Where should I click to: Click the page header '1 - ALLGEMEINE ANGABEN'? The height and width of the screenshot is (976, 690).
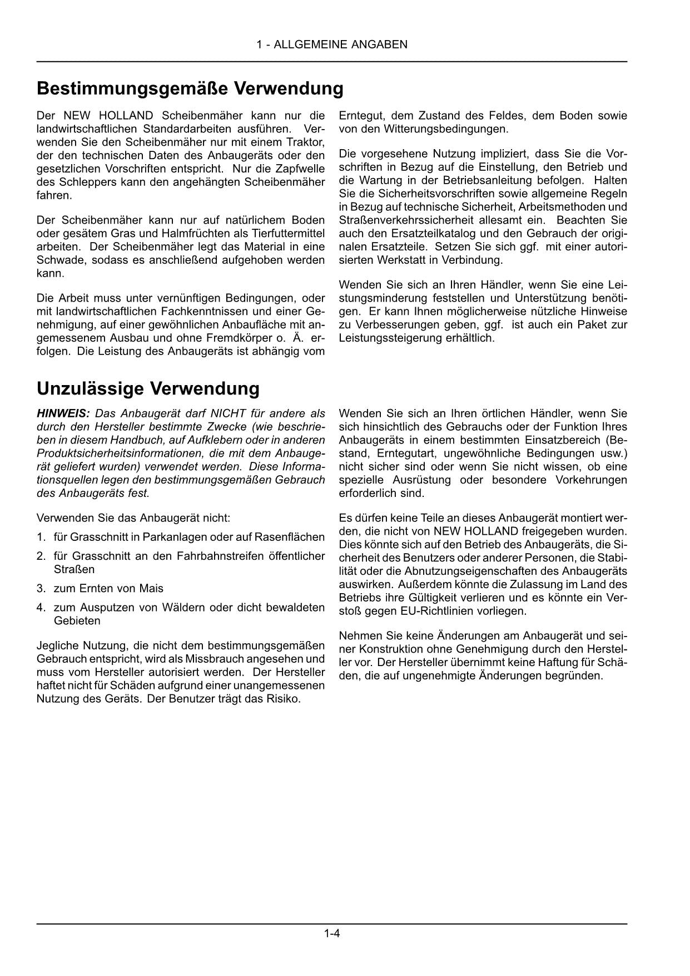pyautogui.click(x=332, y=45)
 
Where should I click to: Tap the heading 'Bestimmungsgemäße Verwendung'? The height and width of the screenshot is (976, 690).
pyautogui.click(x=190, y=88)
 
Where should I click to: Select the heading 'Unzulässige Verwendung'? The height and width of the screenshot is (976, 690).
pyautogui.click(x=148, y=388)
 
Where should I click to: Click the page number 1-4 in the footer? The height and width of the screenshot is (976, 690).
pyautogui.click(x=332, y=934)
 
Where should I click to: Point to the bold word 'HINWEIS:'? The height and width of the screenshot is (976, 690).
pyautogui.click(x=63, y=413)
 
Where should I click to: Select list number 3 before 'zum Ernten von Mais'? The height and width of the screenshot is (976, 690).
pyautogui.click(x=41, y=588)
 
